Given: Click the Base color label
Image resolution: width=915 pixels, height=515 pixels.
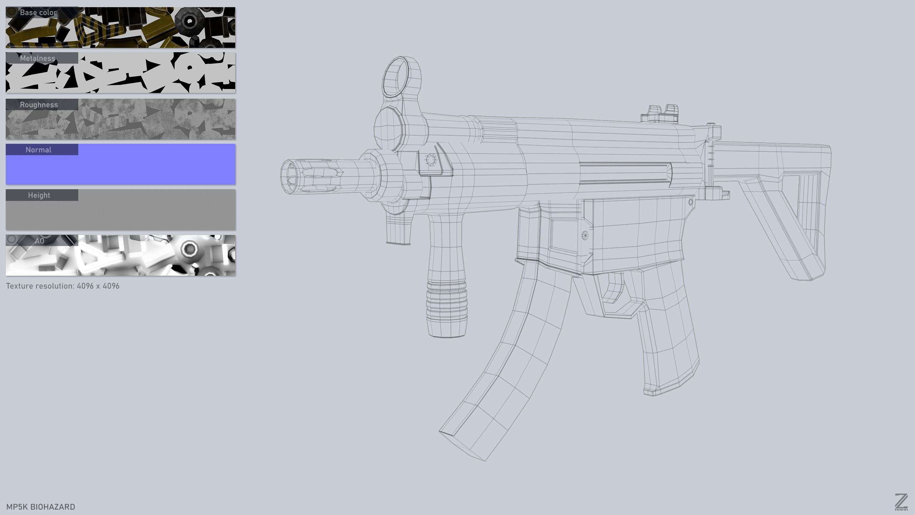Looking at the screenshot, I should (x=38, y=13).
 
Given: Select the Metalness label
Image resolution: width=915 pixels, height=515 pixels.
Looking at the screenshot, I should (x=38, y=58).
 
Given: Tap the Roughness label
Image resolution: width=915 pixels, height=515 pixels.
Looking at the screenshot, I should (x=39, y=105).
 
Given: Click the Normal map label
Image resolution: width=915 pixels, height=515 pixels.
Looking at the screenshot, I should (x=38, y=150).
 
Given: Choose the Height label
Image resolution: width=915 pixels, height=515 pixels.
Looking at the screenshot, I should (x=39, y=195).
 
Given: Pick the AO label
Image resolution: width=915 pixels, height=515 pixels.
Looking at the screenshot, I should (x=39, y=241).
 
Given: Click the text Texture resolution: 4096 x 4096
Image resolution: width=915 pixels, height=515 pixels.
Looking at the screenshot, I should (x=63, y=286).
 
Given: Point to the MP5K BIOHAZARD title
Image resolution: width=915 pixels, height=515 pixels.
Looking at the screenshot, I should (x=41, y=507).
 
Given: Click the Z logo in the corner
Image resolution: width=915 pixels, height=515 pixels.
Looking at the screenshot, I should (x=901, y=502).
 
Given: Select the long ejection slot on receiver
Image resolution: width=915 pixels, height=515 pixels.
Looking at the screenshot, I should (x=625, y=173).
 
